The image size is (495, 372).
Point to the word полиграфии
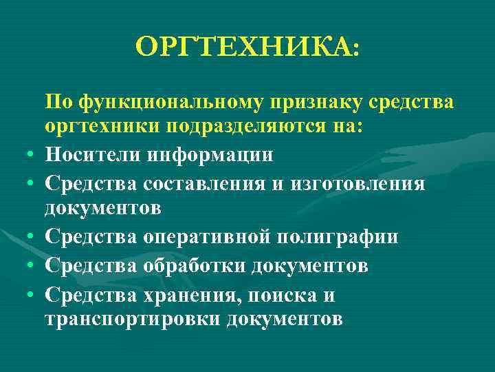[x=342, y=236]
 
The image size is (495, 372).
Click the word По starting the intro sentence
[x=58, y=103]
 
